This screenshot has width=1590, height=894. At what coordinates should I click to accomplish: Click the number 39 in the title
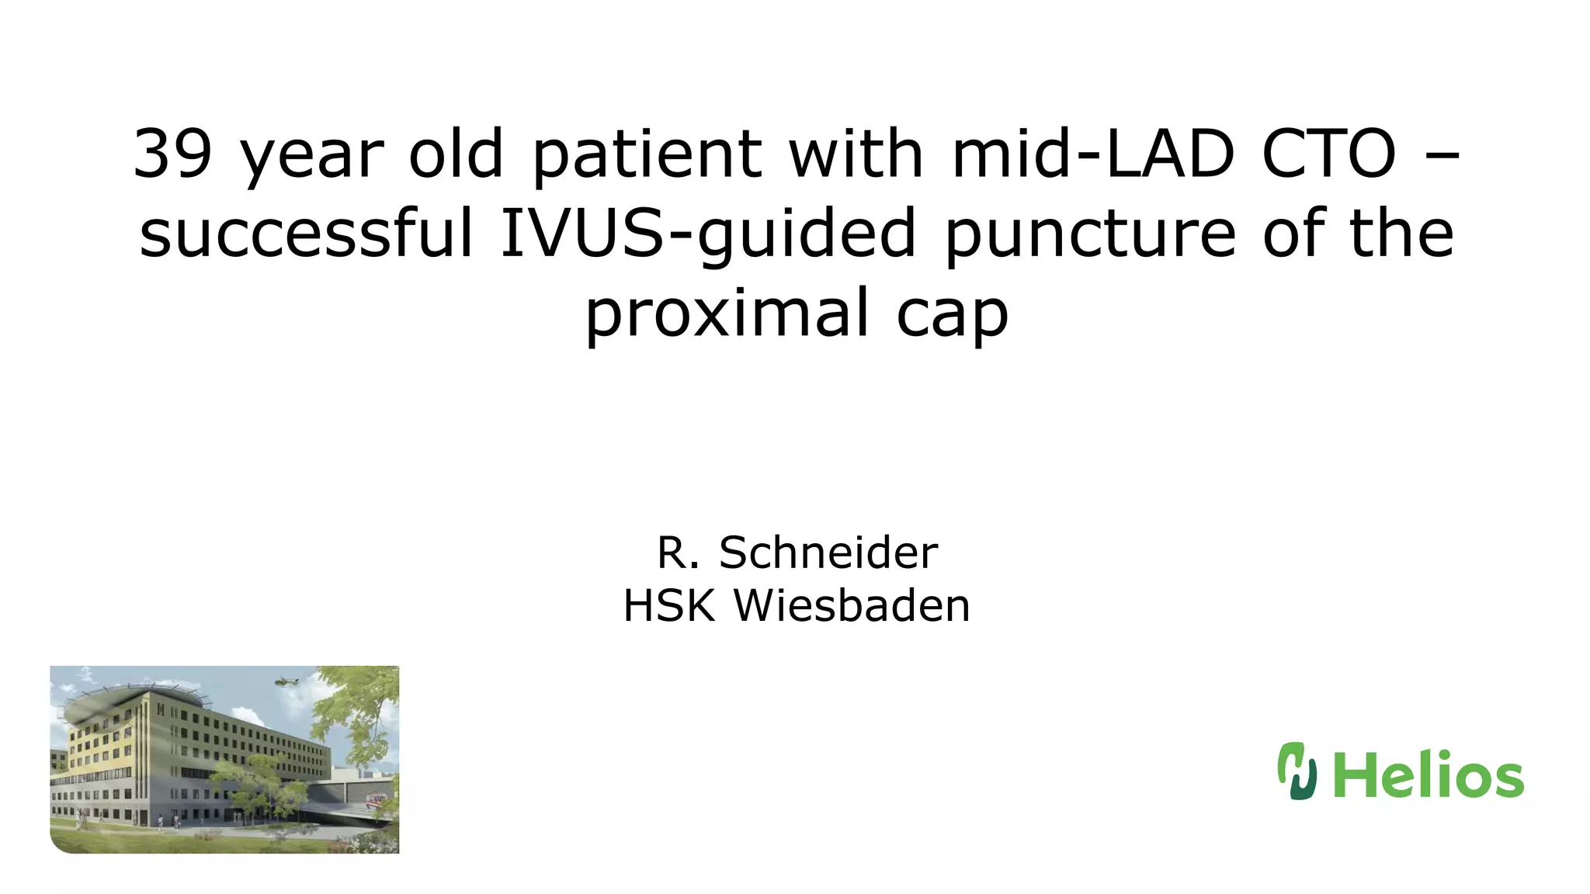[172, 154]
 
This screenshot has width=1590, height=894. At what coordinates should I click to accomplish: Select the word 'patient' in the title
[647, 154]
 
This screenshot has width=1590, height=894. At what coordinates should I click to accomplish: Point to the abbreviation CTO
[1329, 154]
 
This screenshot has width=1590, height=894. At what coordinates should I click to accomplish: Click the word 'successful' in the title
[306, 233]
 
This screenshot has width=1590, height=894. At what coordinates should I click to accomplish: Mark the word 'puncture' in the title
[1089, 233]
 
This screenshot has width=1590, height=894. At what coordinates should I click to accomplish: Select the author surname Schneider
[828, 553]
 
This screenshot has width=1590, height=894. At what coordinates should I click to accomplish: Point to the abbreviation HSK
[668, 605]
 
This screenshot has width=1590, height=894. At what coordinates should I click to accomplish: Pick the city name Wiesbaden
[852, 605]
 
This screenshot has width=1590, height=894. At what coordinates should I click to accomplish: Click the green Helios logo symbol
[1297, 771]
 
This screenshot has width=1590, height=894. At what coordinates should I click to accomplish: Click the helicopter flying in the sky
[286, 681]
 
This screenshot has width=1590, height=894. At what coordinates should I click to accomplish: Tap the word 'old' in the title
[457, 154]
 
